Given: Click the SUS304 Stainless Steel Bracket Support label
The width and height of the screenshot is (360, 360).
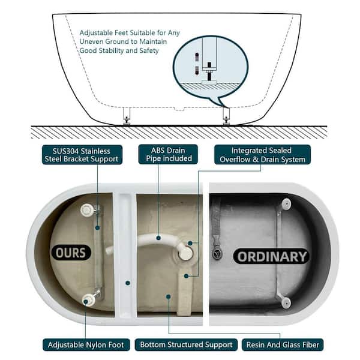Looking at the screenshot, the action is click(x=82, y=155).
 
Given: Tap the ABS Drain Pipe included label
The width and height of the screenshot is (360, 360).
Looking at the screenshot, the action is click(x=168, y=154).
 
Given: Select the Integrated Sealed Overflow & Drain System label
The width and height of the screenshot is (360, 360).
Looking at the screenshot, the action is click(x=262, y=155).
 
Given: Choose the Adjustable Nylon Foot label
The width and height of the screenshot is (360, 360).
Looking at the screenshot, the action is click(x=86, y=344).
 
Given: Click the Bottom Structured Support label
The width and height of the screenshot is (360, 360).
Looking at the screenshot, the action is click(x=186, y=344).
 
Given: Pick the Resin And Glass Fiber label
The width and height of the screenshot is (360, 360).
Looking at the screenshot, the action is click(x=283, y=344).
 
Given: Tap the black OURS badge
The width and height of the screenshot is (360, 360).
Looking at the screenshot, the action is click(x=71, y=253).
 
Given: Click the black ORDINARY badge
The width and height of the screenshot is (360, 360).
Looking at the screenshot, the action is click(x=272, y=256).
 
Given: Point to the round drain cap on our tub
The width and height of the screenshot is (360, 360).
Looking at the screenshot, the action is click(x=185, y=253).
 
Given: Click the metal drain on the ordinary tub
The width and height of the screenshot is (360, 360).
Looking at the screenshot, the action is click(x=217, y=253).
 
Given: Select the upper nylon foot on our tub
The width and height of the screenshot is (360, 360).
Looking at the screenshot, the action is click(x=87, y=210).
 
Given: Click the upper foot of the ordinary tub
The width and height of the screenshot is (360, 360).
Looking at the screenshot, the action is click(x=286, y=204).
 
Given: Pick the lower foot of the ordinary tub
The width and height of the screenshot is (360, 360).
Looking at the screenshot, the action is click(x=286, y=302).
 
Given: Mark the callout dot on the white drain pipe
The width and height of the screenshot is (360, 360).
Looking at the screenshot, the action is click(x=158, y=238).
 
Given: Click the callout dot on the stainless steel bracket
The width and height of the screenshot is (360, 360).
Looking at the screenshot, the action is click(x=97, y=228).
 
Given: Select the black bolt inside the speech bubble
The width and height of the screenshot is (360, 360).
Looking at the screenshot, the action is click(x=209, y=71).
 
